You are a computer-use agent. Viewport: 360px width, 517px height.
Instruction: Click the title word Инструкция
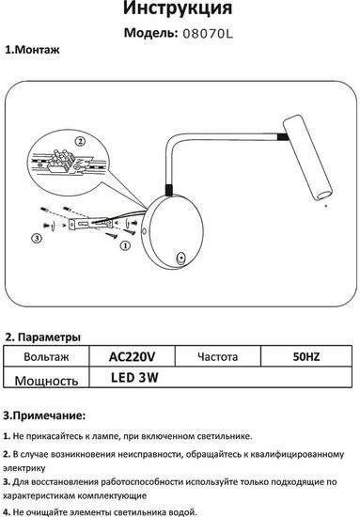tap(178, 8)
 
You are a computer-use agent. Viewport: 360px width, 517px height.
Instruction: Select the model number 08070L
tap(208, 34)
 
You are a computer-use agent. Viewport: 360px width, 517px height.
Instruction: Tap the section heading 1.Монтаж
tap(32, 50)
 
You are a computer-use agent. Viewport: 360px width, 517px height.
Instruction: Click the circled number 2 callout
tap(80, 142)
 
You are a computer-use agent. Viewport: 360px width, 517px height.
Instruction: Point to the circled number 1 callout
tap(125, 245)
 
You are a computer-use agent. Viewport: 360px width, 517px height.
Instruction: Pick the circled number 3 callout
tap(37, 238)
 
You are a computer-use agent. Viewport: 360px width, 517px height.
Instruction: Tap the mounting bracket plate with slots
tap(90, 225)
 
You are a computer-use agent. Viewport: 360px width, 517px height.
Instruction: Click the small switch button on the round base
tap(180, 258)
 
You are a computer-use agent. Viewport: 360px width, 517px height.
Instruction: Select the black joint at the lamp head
tap(283, 137)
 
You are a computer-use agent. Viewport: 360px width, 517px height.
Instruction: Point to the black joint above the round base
tap(168, 190)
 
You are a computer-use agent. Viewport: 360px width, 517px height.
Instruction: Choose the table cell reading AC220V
tap(132, 356)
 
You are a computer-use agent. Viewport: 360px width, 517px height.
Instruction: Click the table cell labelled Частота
tap(217, 356)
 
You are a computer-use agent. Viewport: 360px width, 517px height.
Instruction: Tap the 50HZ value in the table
tap(306, 356)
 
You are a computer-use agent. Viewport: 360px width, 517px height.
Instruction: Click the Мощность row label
tap(46, 381)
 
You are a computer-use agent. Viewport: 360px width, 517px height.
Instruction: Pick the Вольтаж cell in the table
tap(46, 357)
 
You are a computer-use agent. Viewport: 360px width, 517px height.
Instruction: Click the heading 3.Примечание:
tap(44, 415)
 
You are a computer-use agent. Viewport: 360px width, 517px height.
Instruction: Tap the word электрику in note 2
tap(24, 468)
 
